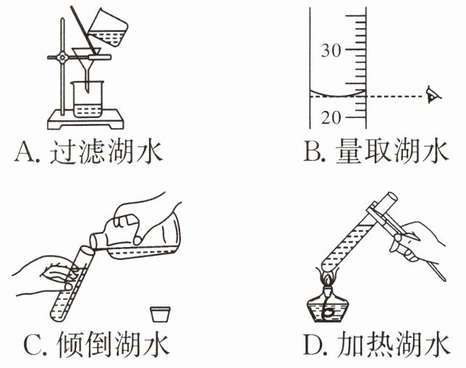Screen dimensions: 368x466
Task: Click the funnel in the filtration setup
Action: coord(85,57)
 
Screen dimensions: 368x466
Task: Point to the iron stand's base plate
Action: coord(80,118)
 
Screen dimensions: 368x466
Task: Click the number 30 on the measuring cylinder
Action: coord(331,51)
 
